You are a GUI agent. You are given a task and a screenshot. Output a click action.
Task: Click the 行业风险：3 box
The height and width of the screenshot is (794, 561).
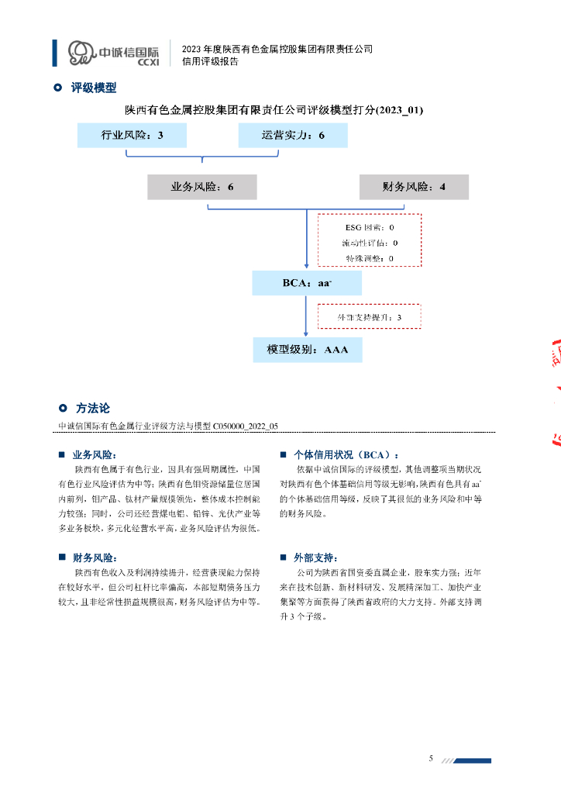coord(133,136)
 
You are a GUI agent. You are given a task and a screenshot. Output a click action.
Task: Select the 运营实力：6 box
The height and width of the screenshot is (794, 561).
coord(293,136)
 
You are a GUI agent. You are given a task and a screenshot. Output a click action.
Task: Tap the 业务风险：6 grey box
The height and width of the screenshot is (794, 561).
coord(202,187)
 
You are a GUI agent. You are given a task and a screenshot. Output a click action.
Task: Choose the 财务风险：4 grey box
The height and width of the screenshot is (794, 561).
coord(414,187)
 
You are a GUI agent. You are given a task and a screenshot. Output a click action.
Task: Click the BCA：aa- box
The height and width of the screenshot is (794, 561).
coord(307,283)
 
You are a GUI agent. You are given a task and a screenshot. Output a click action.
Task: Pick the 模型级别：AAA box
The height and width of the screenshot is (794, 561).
coord(308,350)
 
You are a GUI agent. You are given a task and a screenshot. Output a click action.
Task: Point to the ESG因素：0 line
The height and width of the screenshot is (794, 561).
coord(370,228)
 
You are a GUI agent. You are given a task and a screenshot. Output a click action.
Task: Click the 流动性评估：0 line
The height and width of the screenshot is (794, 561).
coord(370,243)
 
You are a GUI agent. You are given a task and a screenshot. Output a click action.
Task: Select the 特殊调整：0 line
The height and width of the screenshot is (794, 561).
coord(370,258)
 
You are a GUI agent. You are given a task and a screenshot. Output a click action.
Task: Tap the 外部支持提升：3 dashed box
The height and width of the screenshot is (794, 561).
coord(370,317)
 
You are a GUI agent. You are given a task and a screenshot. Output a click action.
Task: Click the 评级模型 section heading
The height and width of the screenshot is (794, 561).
coord(93,88)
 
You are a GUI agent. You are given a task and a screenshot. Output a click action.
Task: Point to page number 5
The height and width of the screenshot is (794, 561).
coord(431,758)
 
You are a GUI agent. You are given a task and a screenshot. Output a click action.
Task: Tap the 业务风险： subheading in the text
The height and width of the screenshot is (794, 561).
coord(95,455)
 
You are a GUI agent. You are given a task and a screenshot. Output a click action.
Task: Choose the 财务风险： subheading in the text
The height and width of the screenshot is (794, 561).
coord(95,558)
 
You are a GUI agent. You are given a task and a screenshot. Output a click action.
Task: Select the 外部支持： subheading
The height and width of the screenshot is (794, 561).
coord(315,558)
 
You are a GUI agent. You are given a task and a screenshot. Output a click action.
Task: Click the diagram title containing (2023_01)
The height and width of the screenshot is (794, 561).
coord(280,110)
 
